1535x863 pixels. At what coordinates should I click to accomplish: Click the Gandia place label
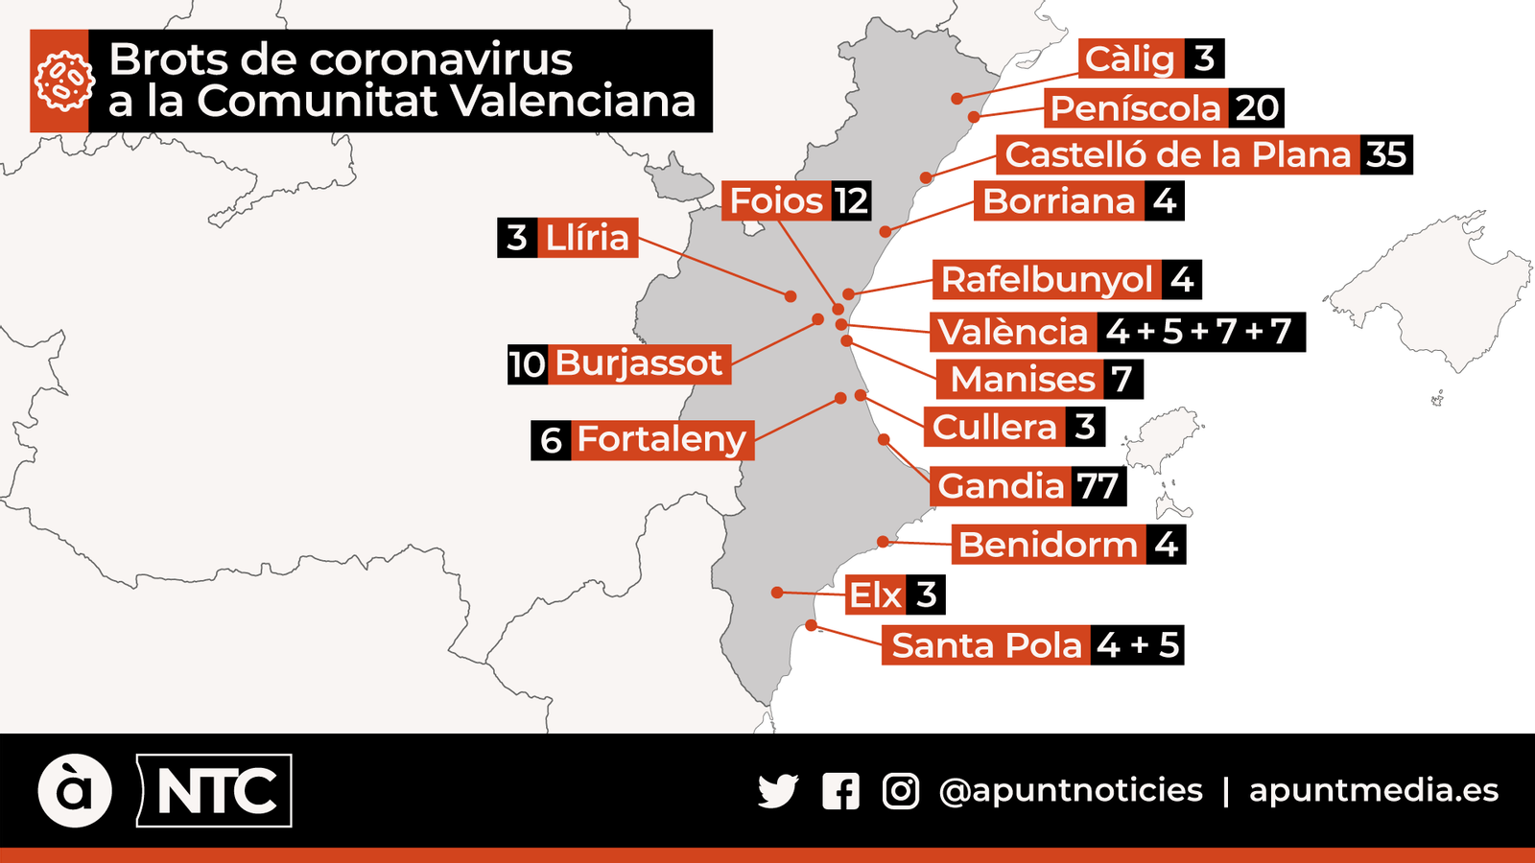[1001, 486]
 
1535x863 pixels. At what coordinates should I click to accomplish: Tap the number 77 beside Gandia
[1097, 486]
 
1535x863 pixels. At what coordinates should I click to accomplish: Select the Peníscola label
[1135, 108]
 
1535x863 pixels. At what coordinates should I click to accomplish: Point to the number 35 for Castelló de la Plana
[1385, 154]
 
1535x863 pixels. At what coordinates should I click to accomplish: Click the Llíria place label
[587, 238]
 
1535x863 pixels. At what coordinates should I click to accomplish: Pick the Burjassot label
[638, 364]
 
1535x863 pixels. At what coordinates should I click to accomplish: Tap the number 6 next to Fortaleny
[551, 440]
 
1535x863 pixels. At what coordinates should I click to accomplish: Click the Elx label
[875, 595]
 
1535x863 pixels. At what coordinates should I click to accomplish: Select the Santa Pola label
[986, 645]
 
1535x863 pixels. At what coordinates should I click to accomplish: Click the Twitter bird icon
[778, 791]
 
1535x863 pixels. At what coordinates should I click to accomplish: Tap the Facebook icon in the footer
[840, 791]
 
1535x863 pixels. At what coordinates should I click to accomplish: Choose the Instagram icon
[901, 791]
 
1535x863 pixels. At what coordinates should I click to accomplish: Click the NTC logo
[215, 791]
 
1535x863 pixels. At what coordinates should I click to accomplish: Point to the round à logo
[75, 791]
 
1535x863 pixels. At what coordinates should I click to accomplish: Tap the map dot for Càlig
[956, 98]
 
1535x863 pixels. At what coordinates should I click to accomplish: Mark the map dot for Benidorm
[884, 542]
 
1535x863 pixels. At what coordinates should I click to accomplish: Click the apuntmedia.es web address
[1373, 790]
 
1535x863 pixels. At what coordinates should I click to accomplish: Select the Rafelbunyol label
[1046, 280]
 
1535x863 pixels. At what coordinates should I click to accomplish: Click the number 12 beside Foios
[851, 201]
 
